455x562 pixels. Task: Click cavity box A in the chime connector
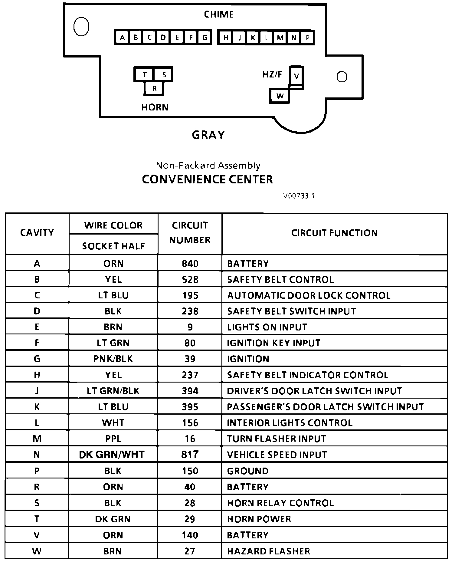[x=122, y=38]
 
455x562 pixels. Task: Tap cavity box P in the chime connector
[x=307, y=38]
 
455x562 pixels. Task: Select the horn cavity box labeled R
[x=154, y=88]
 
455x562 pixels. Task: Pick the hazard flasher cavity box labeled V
[x=296, y=76]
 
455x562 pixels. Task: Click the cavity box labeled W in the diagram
[x=280, y=96]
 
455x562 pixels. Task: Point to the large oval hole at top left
[x=81, y=27]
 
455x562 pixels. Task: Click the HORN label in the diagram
[x=155, y=107]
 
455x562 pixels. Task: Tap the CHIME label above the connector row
[x=219, y=14]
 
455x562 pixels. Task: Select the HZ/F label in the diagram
[x=272, y=74]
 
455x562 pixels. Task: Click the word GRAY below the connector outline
[x=208, y=135]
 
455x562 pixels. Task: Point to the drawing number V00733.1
[x=299, y=196]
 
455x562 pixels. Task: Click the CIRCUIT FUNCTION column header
[x=334, y=233]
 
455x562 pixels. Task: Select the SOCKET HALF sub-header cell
[x=113, y=246]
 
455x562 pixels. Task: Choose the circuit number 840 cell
[x=190, y=264]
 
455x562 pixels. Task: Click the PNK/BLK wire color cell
[x=113, y=359]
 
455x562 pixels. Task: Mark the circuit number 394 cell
[x=190, y=391]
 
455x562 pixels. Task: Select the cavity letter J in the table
[x=37, y=391]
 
